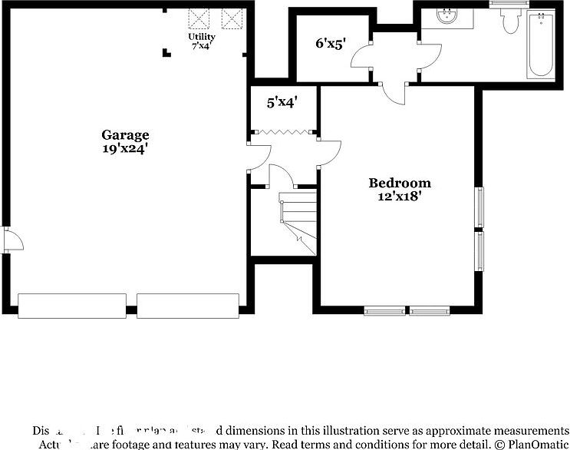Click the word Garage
click(x=125, y=135)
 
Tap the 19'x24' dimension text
click(x=125, y=149)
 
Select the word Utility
click(x=202, y=37)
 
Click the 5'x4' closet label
click(x=282, y=101)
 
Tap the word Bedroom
click(x=400, y=183)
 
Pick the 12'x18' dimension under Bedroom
click(x=400, y=197)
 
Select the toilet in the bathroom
click(x=510, y=21)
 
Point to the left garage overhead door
click(x=72, y=306)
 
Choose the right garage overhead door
click(x=189, y=306)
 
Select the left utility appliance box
click(x=201, y=18)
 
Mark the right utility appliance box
click(x=231, y=18)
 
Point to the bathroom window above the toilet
click(x=510, y=4)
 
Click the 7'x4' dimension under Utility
click(x=202, y=46)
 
